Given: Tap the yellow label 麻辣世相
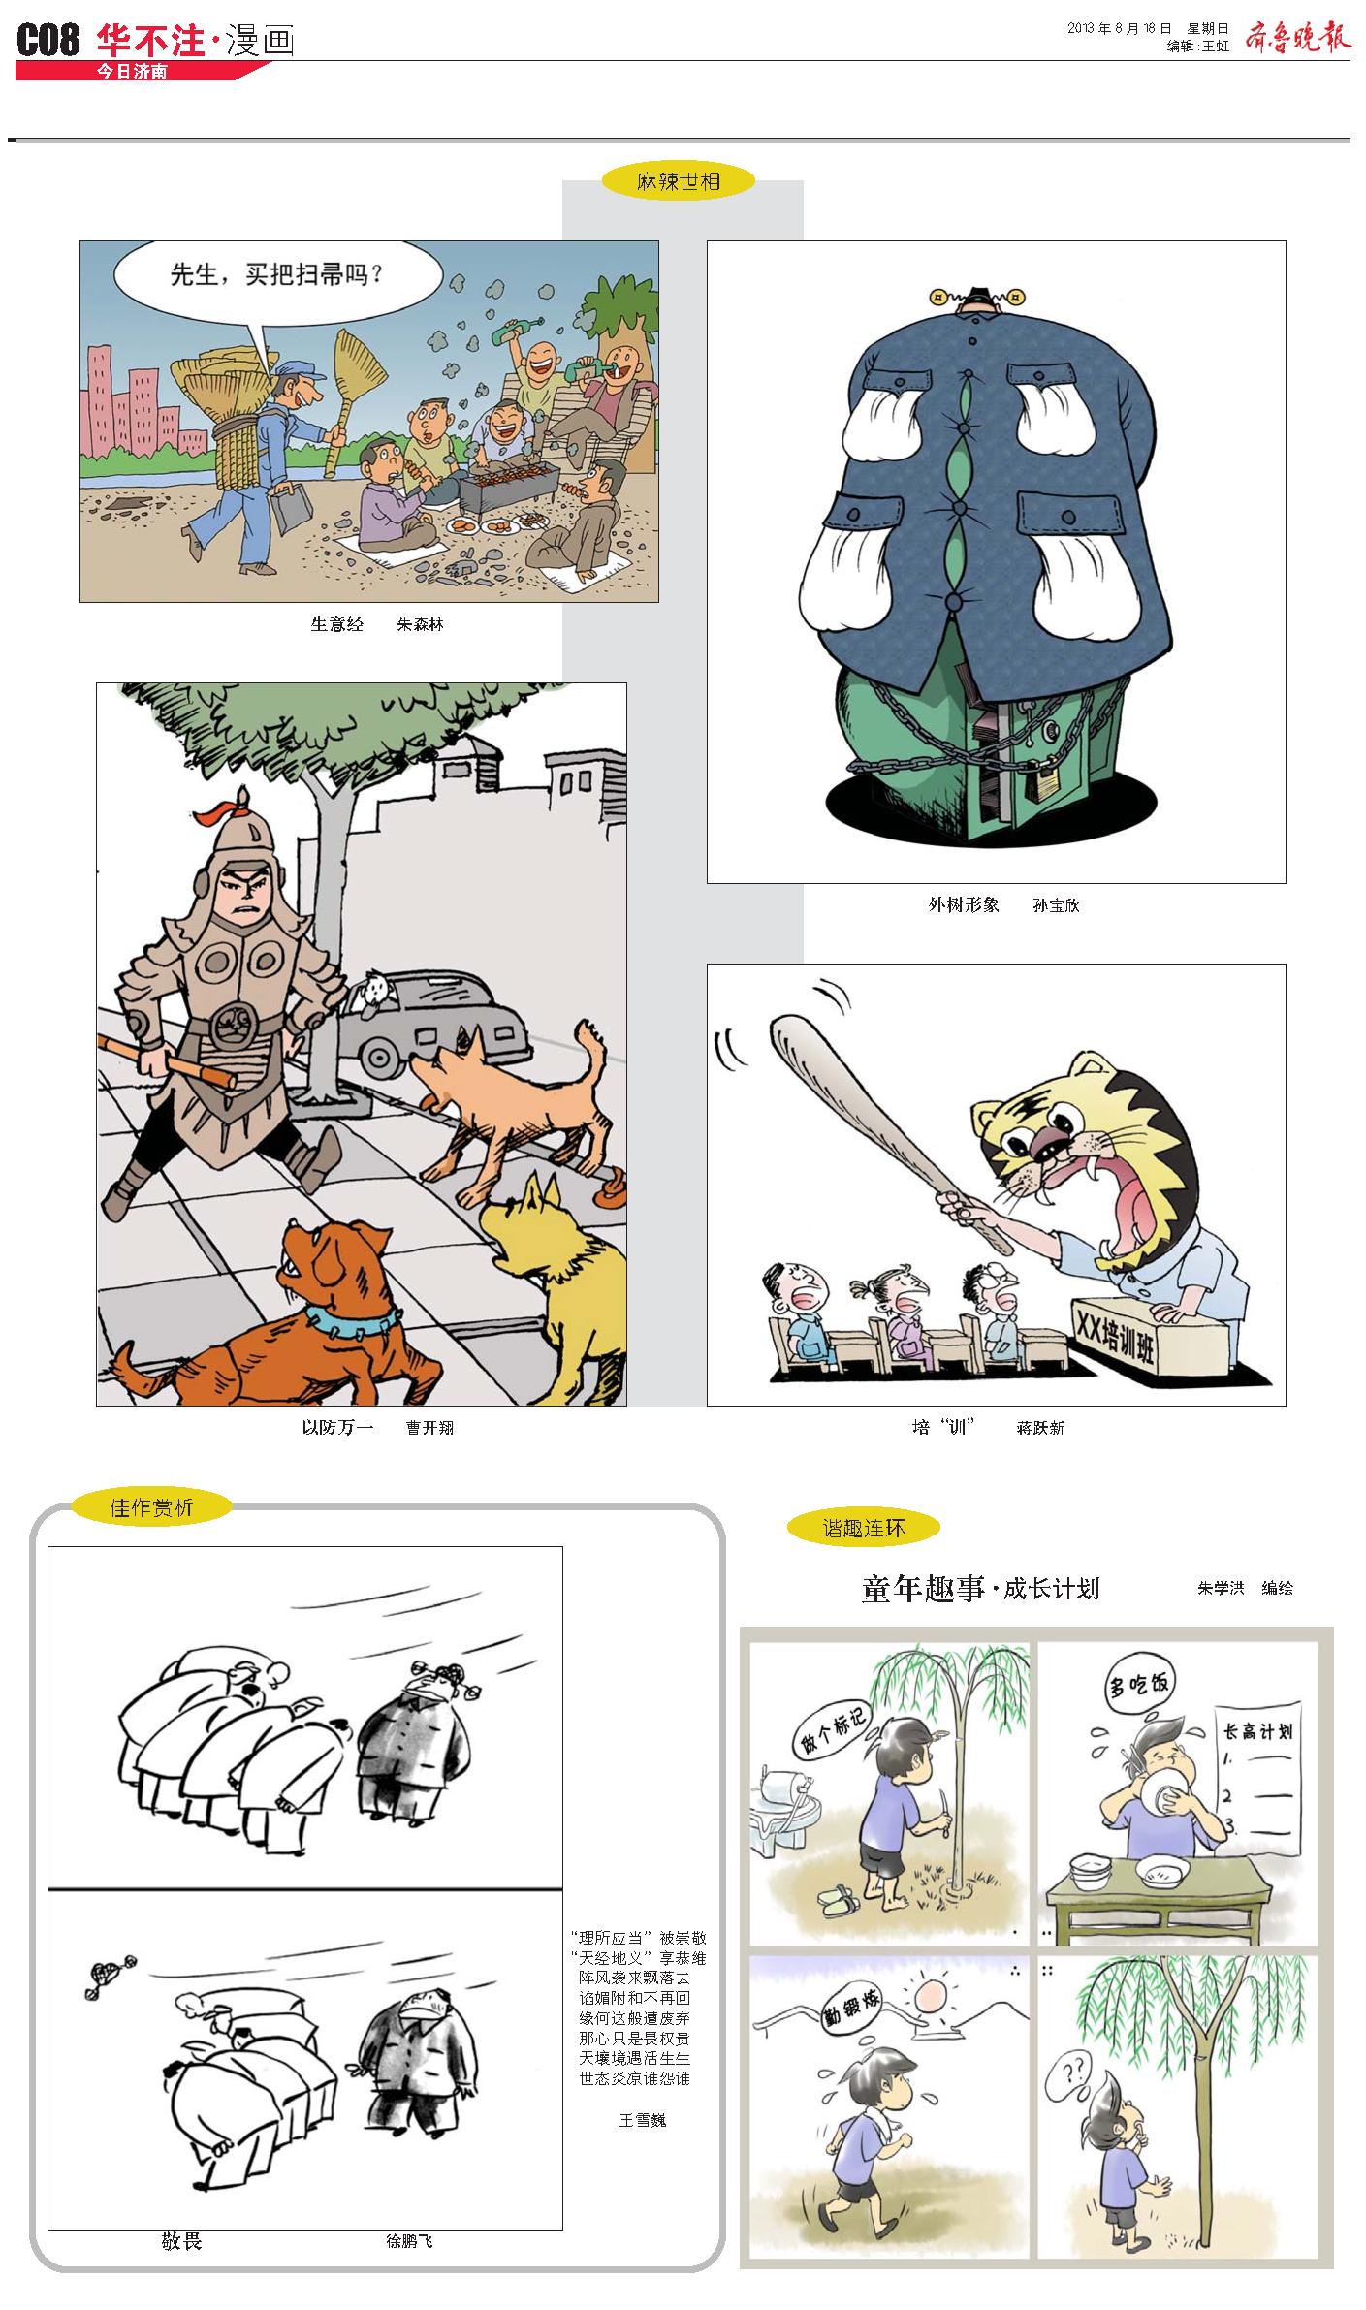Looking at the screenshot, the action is point(679,180).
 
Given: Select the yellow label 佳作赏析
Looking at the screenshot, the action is point(151,1506).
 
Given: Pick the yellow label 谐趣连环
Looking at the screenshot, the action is point(864,1528).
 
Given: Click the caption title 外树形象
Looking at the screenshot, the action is point(964,904).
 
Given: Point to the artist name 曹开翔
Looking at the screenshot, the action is point(429,1428).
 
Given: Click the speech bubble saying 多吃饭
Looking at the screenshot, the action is point(1139,1684).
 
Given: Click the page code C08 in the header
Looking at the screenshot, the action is point(48,41).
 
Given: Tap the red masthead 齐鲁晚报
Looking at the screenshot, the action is point(1297,37).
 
